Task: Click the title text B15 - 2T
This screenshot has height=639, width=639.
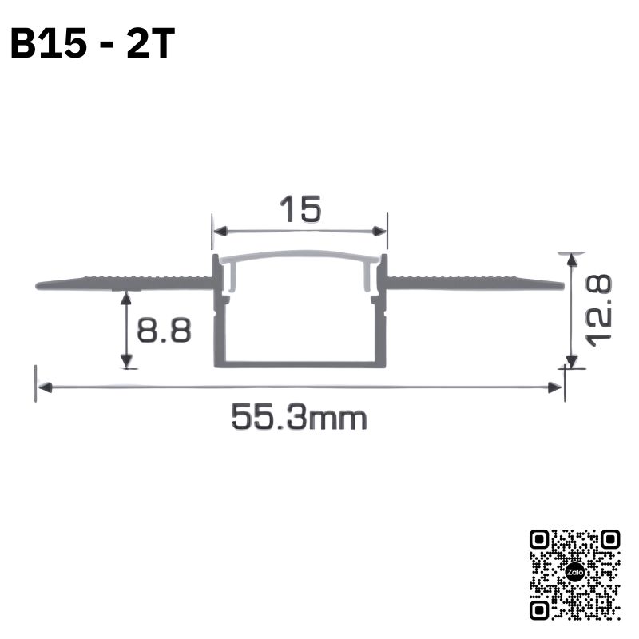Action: coord(93,43)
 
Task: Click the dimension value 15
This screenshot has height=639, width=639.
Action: coord(301,209)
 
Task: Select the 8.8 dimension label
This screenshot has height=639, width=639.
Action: coord(164,330)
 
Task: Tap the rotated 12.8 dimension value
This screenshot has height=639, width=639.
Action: coord(598,311)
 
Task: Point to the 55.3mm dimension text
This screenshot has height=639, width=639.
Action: coord(300,417)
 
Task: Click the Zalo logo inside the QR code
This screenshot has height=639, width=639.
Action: coord(575,572)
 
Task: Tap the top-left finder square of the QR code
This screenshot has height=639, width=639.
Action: coord(540,540)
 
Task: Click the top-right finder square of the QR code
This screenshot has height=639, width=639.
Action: coord(609,540)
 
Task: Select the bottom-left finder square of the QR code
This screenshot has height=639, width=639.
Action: coord(540,609)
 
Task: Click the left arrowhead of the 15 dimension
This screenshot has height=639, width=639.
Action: coord(220,232)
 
